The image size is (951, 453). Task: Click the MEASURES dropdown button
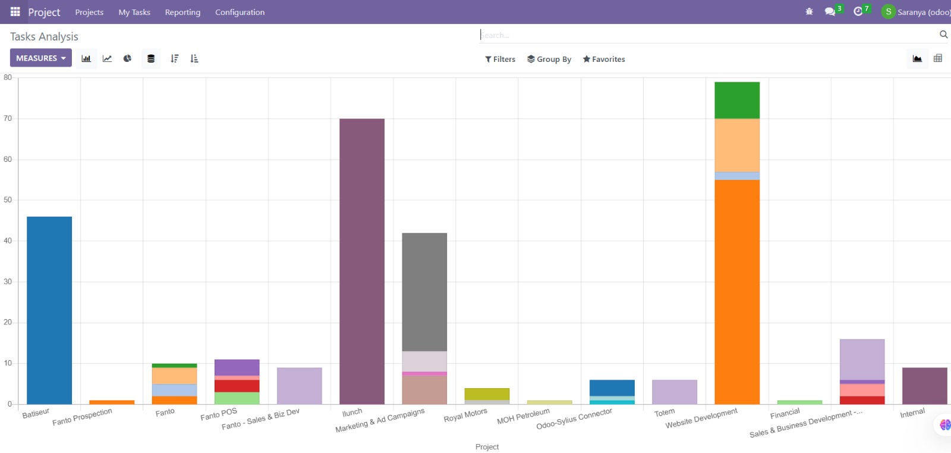pyautogui.click(x=41, y=58)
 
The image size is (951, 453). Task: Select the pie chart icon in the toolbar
pyautogui.click(x=127, y=58)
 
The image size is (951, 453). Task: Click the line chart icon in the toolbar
pyautogui.click(x=107, y=58)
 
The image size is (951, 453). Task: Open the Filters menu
pyautogui.click(x=500, y=59)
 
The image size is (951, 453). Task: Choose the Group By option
pyautogui.click(x=549, y=59)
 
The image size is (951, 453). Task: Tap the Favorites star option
pyautogui.click(x=604, y=59)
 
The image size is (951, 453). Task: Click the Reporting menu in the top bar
pyautogui.click(x=182, y=12)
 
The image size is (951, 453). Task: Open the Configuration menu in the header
pyautogui.click(x=240, y=12)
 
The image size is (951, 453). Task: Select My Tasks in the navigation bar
pyautogui.click(x=134, y=12)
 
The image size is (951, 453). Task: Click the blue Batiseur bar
pyautogui.click(x=49, y=310)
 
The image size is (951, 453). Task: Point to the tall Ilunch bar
pyautogui.click(x=362, y=261)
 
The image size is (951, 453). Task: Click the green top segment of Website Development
pyautogui.click(x=737, y=101)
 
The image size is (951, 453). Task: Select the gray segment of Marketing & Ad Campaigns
pyautogui.click(x=424, y=292)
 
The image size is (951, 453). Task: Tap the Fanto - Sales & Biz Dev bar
pyautogui.click(x=300, y=386)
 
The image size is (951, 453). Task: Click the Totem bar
pyautogui.click(x=675, y=392)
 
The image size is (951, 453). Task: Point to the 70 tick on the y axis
pyautogui.click(x=8, y=118)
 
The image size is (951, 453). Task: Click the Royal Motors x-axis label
pyautogui.click(x=465, y=415)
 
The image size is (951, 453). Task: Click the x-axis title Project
pyautogui.click(x=487, y=446)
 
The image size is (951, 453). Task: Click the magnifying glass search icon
pyautogui.click(x=943, y=35)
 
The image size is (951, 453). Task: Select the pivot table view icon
pyautogui.click(x=938, y=58)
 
